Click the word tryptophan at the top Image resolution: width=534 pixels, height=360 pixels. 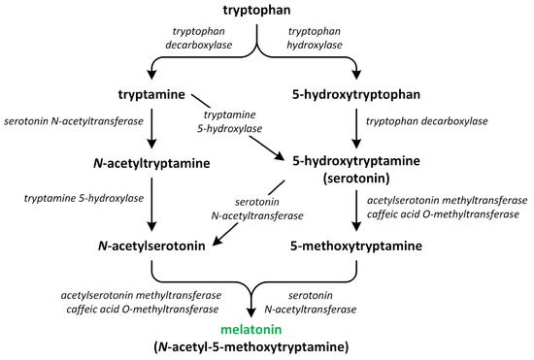coord(255,11)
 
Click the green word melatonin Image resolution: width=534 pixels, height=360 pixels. coord(257,330)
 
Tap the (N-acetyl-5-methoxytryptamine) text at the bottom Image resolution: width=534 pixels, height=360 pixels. coord(257,347)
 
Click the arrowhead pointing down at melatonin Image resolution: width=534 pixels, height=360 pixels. coord(257,311)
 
